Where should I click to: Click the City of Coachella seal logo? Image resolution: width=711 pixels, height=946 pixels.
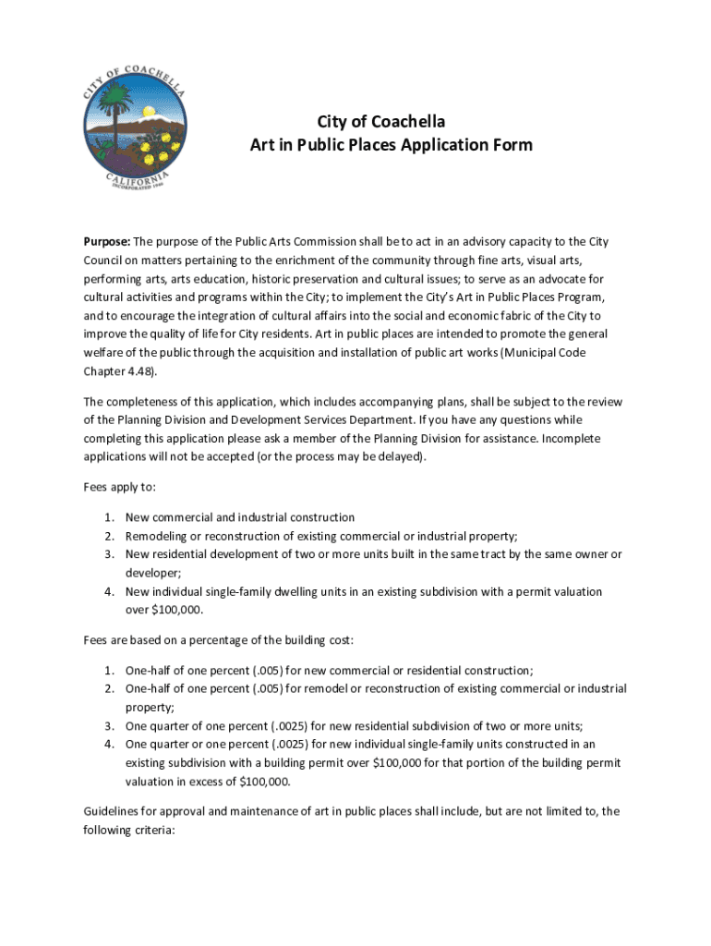(134, 128)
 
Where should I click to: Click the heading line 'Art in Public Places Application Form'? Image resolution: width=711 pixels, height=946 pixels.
(392, 145)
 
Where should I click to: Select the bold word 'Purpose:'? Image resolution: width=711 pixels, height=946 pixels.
(107, 242)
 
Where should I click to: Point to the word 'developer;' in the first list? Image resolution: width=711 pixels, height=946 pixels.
(153, 573)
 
